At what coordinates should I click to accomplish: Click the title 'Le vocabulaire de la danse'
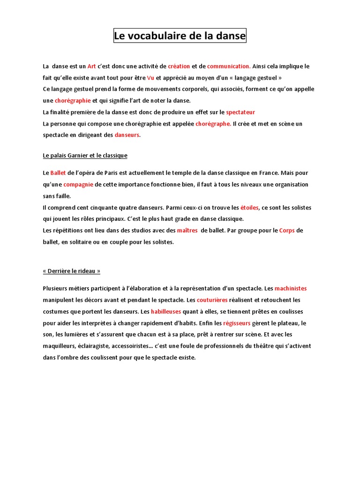pos(180,36)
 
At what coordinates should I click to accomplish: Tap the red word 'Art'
pos(91,67)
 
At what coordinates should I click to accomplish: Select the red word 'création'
pos(179,67)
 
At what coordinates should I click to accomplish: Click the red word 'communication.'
pos(229,67)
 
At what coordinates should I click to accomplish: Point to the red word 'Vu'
pos(150,78)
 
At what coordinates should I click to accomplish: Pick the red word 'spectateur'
pos(240,112)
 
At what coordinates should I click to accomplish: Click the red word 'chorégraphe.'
pos(213,124)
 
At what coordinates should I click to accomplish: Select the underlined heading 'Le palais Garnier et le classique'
pos(85,155)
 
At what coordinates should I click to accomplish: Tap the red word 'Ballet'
pos(59,173)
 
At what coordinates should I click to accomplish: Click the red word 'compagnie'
pos(78,185)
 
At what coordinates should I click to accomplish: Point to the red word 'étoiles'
pos(249,208)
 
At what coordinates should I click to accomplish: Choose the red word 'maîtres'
pos(187,231)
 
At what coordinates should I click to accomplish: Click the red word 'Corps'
pos(287,231)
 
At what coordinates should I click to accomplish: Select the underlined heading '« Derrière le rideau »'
pos(72,271)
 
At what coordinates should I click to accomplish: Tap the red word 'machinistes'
pos(291,288)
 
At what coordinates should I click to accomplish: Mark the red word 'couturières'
pos(212,300)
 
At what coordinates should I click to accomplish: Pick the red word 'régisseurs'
pos(237,323)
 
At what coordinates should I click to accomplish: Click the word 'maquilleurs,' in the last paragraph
pos(60,346)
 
